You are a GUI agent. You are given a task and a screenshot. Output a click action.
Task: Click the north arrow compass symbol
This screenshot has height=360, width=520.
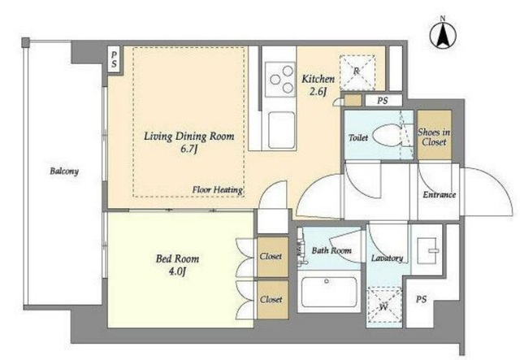tap(443, 34)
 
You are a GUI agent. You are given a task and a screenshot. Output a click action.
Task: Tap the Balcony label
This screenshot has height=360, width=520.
tap(64, 171)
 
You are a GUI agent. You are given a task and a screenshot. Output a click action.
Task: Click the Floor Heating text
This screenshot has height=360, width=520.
tap(218, 190)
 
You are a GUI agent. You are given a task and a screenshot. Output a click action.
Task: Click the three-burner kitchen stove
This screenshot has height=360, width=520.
tap(280, 80)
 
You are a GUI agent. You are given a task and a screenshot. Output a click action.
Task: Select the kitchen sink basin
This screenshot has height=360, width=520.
tap(281, 130)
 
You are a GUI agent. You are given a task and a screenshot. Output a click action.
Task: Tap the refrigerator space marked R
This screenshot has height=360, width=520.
tap(357, 72)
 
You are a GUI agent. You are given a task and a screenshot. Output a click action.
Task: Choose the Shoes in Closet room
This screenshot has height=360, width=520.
tap(434, 135)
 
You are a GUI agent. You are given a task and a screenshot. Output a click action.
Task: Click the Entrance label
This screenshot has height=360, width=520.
tap(439, 194)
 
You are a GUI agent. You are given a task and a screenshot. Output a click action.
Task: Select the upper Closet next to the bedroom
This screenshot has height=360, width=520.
tap(273, 257)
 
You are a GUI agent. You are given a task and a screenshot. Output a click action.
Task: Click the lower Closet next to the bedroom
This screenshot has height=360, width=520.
tap(273, 300)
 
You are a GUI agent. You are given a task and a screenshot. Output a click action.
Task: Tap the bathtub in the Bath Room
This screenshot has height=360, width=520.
tap(329, 291)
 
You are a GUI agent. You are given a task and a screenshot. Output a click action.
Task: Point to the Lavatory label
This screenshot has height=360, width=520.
tap(387, 258)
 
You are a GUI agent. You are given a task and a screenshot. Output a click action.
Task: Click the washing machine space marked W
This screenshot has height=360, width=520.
tap(384, 306)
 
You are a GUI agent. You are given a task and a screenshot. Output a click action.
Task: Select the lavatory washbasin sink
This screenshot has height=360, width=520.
tap(428, 250)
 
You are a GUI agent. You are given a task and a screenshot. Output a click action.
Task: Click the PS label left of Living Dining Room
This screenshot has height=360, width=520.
tap(114, 59)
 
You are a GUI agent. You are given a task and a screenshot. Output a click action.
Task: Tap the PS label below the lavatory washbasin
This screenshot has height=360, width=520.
tap(421, 299)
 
